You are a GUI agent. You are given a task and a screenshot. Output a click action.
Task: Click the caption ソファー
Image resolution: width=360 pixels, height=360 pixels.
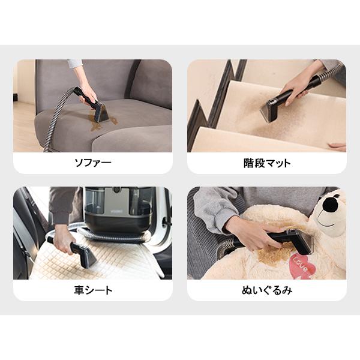(x=92, y=162)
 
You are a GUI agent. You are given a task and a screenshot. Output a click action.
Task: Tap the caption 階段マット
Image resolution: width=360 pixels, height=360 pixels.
(x=266, y=162)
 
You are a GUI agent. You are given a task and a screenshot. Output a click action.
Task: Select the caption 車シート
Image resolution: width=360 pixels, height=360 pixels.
(x=92, y=290)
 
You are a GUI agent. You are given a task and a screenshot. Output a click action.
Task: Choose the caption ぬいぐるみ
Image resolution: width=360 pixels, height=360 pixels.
(x=266, y=290)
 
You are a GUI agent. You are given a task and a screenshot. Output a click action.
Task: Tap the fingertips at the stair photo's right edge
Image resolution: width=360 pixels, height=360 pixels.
(x=337, y=146)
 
